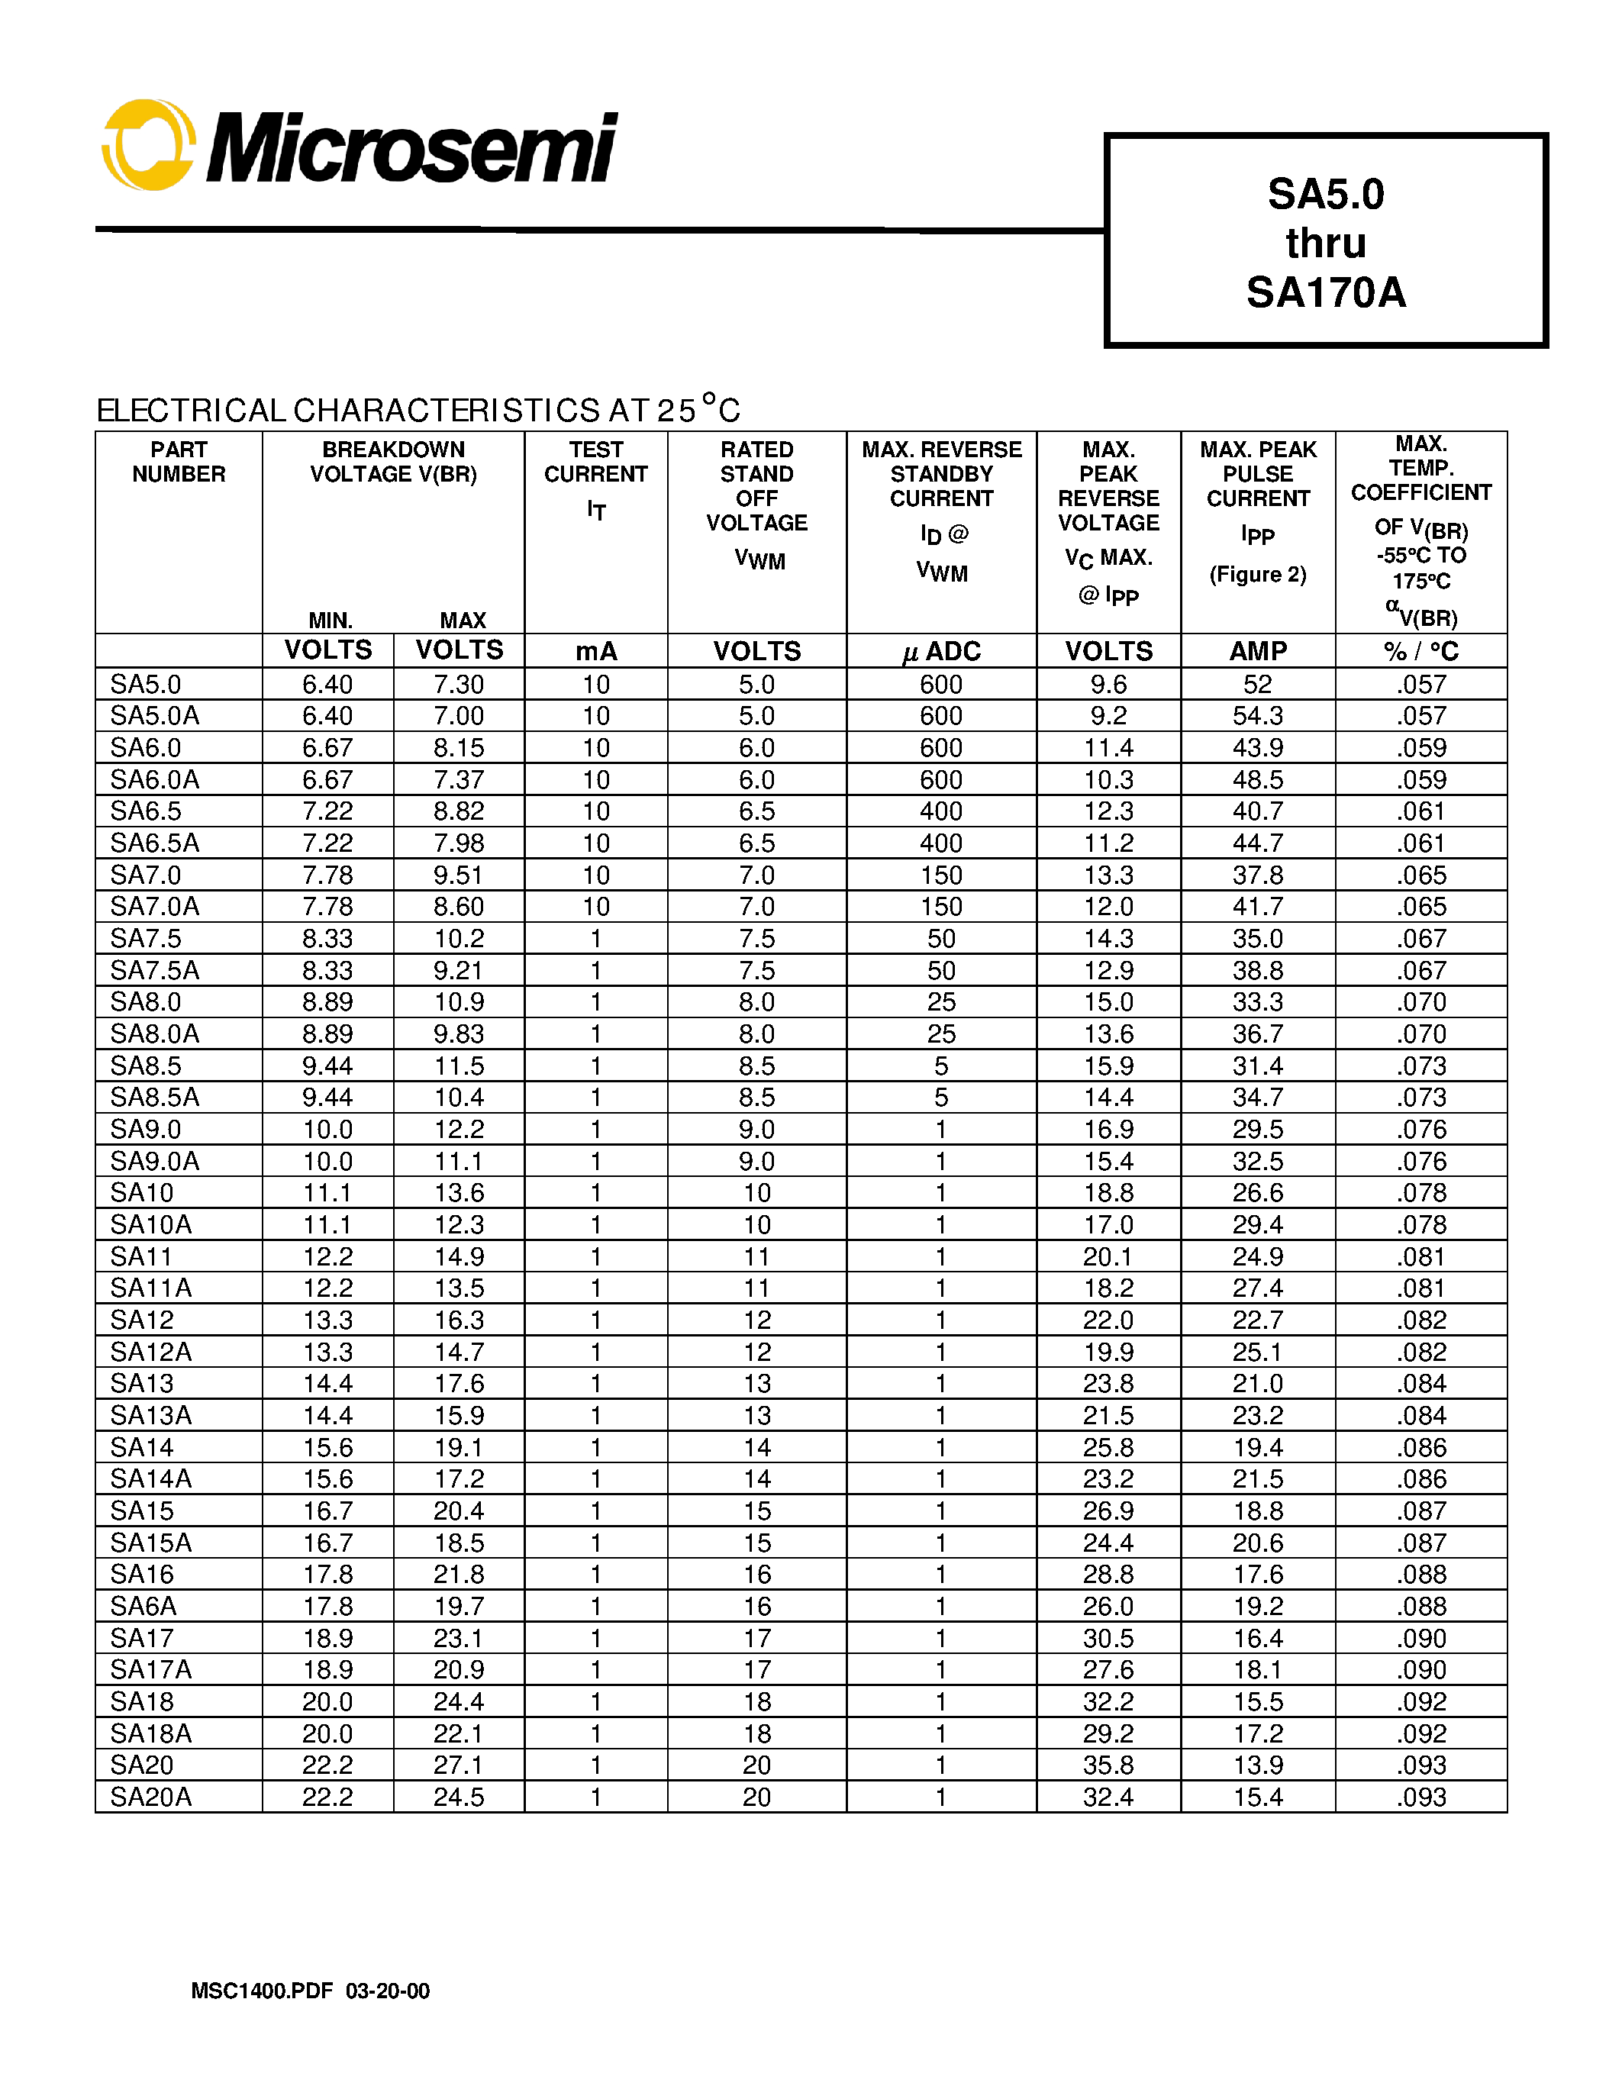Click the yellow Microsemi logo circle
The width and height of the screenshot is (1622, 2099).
click(149, 145)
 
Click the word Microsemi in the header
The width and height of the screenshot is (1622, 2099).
click(411, 149)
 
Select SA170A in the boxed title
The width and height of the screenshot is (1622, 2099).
click(1325, 292)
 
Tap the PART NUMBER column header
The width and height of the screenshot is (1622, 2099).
click(179, 463)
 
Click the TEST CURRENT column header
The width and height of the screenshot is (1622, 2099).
click(596, 463)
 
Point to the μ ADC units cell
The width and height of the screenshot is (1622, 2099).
click(940, 652)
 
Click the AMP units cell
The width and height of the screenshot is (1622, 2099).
click(1257, 652)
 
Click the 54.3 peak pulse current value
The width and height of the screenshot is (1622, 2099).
click(1257, 716)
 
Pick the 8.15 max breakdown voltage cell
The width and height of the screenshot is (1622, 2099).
click(458, 748)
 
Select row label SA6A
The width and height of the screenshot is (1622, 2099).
click(143, 1606)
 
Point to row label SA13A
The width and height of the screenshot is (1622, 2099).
click(151, 1416)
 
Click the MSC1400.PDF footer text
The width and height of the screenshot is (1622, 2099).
click(261, 1991)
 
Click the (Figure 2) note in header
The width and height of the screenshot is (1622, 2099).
click(1257, 575)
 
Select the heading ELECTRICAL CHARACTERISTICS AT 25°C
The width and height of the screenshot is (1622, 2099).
click(418, 411)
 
